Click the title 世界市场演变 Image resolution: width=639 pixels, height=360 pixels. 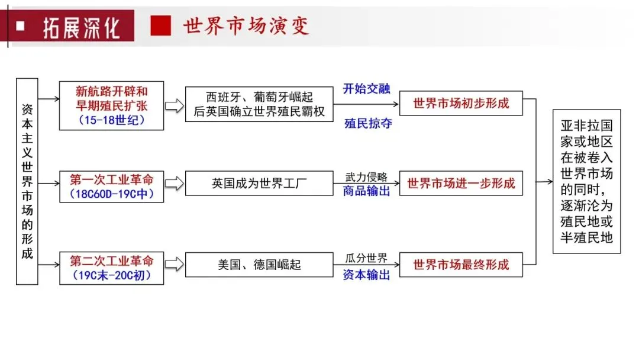tap(246, 26)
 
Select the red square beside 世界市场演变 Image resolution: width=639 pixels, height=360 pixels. tap(160, 26)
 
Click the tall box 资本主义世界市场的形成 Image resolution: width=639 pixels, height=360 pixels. tap(27, 181)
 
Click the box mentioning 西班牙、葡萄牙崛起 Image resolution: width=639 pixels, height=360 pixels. tap(259, 104)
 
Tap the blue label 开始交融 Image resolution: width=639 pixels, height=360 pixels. tap(367, 89)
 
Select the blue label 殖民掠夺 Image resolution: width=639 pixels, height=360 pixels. tap(367, 124)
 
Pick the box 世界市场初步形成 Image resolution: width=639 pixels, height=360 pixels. tap(461, 103)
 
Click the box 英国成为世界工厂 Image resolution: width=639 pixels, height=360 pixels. tap(259, 184)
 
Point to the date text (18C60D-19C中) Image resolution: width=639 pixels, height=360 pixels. tap(112, 194)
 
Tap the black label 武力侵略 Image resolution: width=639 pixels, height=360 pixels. tap(367, 176)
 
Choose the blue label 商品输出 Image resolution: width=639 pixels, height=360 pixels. tap(367, 191)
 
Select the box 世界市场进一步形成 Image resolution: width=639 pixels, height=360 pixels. tap(461, 184)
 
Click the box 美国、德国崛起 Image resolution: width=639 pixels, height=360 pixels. tap(259, 264)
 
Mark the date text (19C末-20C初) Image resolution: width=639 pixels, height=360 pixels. tap(112, 275)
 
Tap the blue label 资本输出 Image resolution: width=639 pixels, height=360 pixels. tap(367, 274)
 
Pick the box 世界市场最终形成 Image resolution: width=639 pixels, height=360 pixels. tap(461, 264)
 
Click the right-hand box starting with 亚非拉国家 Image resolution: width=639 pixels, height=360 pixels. tap(586, 181)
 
